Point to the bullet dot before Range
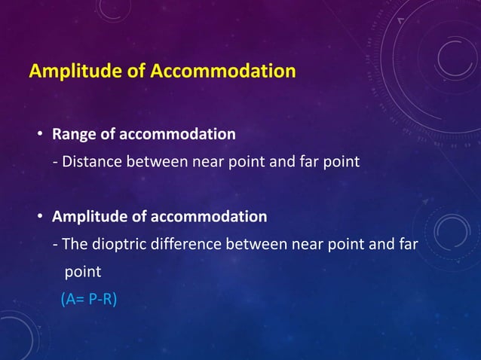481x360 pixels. pyautogui.click(x=41, y=136)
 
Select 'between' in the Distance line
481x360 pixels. pyautogui.click(x=155, y=161)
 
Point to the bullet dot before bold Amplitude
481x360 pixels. pyautogui.click(x=41, y=218)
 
